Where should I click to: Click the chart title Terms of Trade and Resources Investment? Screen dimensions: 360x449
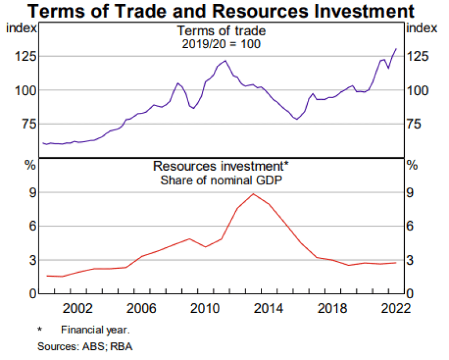pos(224,10)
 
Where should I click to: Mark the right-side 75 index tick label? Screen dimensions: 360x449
pos(419,124)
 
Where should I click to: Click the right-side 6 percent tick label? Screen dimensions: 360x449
pos(413,226)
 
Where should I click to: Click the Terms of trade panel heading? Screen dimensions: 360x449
pos(222,31)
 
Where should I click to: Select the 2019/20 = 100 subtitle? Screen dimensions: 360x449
pos(222,44)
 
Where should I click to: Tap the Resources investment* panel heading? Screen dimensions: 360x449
pos(222,167)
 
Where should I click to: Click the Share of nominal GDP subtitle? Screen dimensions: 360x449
pos(222,180)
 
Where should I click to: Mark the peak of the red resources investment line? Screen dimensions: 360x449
pos(253,194)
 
